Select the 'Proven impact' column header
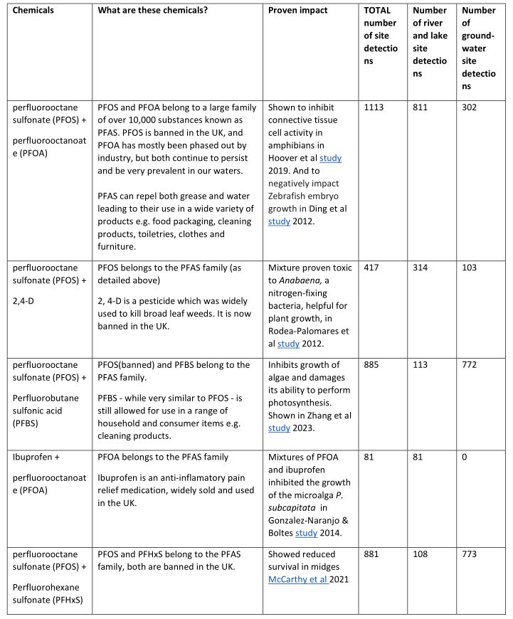296,11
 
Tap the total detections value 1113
374,107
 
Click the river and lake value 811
421,107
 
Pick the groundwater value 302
470,107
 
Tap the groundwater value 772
470,365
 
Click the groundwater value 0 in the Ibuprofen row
465,456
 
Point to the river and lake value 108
421,554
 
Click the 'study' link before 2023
279,428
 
